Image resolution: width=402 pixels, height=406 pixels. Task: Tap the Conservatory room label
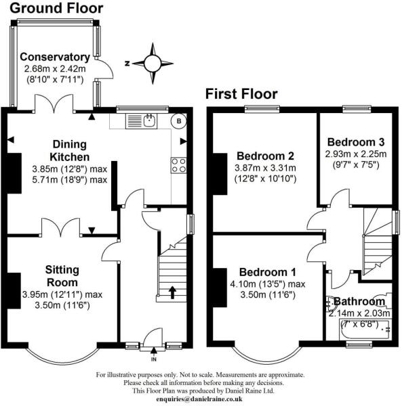[55, 57]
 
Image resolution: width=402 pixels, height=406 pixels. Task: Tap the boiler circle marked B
[179, 122]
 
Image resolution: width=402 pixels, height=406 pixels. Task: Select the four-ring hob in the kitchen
[180, 165]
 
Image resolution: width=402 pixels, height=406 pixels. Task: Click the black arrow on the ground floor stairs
[172, 292]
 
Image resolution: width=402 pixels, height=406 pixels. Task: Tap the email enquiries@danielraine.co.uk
[201, 400]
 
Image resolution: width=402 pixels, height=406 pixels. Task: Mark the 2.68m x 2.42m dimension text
[55, 69]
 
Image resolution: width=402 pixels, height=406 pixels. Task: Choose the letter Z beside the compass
[127, 63]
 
